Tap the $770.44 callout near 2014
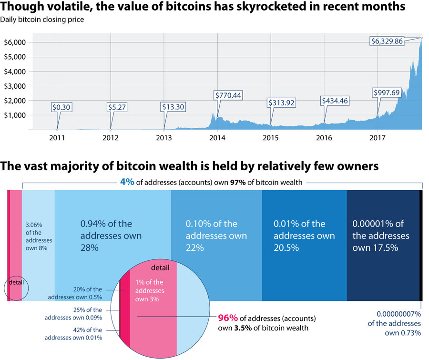229,95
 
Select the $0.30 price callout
61,107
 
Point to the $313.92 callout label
282,102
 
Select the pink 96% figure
228,318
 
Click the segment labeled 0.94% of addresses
113,236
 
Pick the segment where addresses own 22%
216,236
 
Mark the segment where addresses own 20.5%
304,236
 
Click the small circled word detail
16,282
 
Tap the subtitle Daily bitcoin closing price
42,20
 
